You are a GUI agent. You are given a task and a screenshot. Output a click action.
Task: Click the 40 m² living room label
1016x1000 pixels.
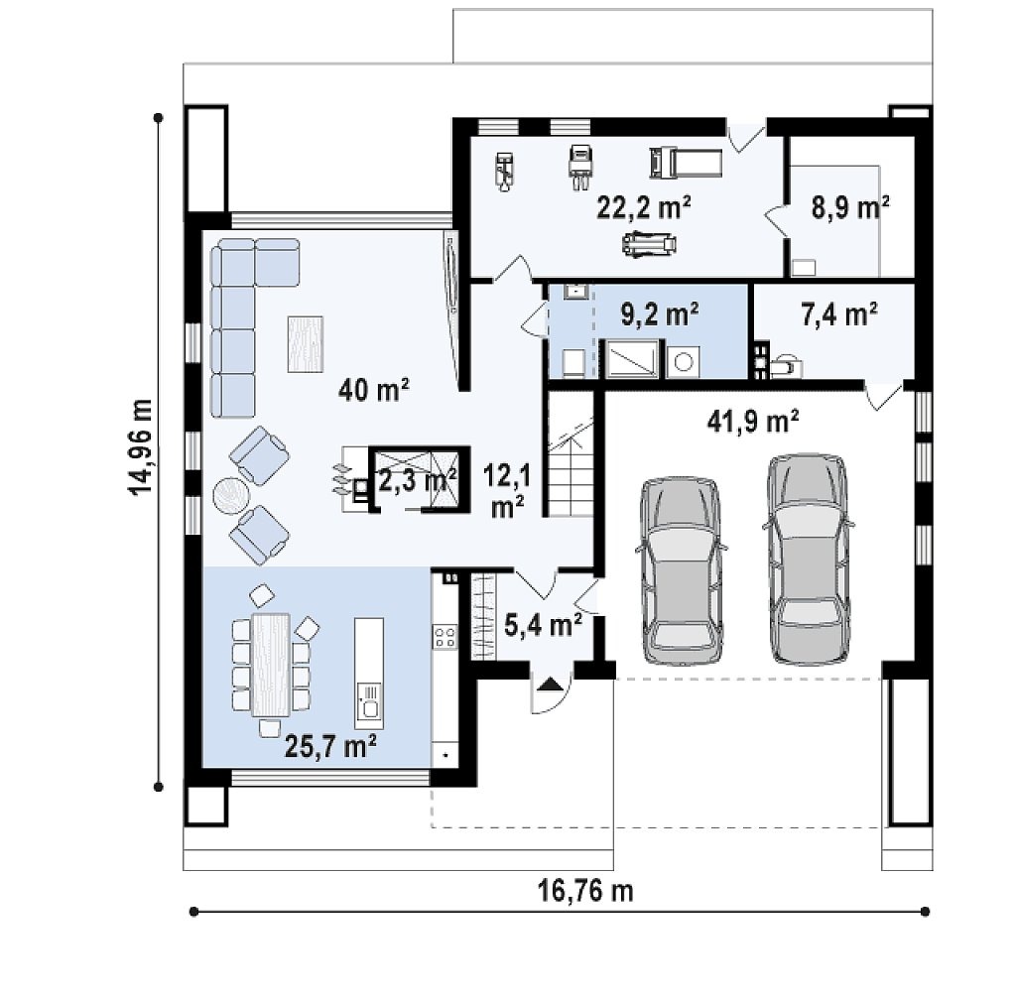(374, 389)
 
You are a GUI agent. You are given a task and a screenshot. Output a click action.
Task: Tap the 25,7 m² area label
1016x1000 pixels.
(330, 746)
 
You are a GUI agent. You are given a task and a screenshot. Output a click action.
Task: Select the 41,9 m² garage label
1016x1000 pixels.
(752, 421)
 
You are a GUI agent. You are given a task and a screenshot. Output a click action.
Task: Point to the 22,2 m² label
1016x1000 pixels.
(643, 207)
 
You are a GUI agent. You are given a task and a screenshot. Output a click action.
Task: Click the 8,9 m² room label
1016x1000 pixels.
(850, 207)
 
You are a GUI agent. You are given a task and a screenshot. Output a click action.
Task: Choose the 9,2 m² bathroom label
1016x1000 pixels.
(660, 314)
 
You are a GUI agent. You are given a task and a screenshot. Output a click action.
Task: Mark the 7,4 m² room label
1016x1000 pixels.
(839, 314)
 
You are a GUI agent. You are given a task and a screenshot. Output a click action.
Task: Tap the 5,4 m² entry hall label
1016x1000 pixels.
(543, 626)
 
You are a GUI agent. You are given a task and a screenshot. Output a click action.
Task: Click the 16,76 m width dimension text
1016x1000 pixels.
(585, 891)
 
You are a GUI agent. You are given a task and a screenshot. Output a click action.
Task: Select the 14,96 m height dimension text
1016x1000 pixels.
(141, 446)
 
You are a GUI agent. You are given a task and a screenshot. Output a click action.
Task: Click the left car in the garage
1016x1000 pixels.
(681, 571)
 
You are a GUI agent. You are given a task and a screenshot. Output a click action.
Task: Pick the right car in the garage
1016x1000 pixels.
(808, 560)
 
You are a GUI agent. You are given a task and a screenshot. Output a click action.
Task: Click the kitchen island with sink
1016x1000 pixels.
(369, 674)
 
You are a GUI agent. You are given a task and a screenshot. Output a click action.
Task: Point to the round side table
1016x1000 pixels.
(231, 496)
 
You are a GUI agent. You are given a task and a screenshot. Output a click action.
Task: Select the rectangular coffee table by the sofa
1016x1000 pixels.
(306, 344)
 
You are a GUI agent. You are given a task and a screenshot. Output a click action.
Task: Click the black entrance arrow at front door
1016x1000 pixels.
(550, 684)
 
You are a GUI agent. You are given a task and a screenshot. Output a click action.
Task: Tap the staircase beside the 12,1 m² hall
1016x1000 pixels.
(571, 453)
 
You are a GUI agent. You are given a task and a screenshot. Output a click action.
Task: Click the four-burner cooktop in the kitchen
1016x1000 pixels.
(445, 636)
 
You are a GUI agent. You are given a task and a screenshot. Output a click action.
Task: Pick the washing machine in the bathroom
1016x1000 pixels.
(683, 361)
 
